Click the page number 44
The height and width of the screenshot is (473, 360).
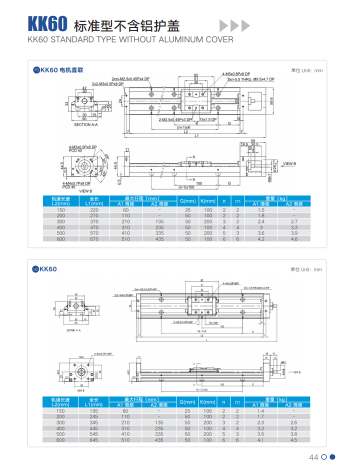(314, 457)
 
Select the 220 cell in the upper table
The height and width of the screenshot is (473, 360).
(94, 210)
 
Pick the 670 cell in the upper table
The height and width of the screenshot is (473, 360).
(94, 239)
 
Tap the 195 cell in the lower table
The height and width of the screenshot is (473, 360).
(94, 410)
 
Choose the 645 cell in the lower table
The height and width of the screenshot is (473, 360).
(94, 440)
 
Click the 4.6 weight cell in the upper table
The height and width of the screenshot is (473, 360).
(294, 239)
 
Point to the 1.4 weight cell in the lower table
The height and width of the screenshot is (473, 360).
(260, 410)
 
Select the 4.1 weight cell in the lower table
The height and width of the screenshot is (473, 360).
(260, 440)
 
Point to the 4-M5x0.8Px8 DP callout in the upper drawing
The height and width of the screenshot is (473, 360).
(236, 74)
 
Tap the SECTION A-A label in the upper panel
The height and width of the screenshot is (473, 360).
(85, 124)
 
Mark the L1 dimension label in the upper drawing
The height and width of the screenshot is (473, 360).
(196, 136)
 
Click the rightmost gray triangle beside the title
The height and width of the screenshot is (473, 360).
(245, 25)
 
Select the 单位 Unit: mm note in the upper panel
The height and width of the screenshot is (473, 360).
(307, 70)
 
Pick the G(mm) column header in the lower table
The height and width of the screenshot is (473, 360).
(187, 402)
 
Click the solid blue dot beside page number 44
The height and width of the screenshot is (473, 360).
(332, 456)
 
